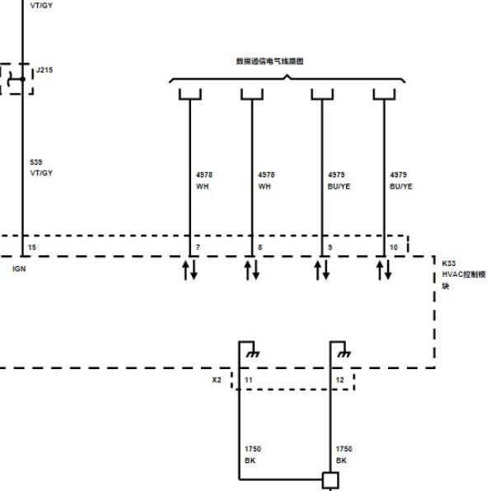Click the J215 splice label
(x=44, y=70)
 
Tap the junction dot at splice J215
(x=22, y=79)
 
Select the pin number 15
(x=32, y=247)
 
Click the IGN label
(x=19, y=269)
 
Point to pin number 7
(x=198, y=247)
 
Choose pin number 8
(x=260, y=247)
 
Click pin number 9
(x=330, y=247)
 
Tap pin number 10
(x=394, y=247)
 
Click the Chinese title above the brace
(x=269, y=61)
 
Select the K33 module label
(x=448, y=264)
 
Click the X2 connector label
(x=217, y=380)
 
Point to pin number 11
(x=249, y=380)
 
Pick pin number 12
(x=339, y=380)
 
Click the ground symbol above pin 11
(x=253, y=354)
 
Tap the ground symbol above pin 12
(x=344, y=354)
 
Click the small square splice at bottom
(x=330, y=479)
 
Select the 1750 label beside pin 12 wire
(x=344, y=449)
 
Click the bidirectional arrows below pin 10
(x=384, y=270)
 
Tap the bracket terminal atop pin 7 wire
(x=190, y=94)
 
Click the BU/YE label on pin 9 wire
(x=339, y=186)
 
